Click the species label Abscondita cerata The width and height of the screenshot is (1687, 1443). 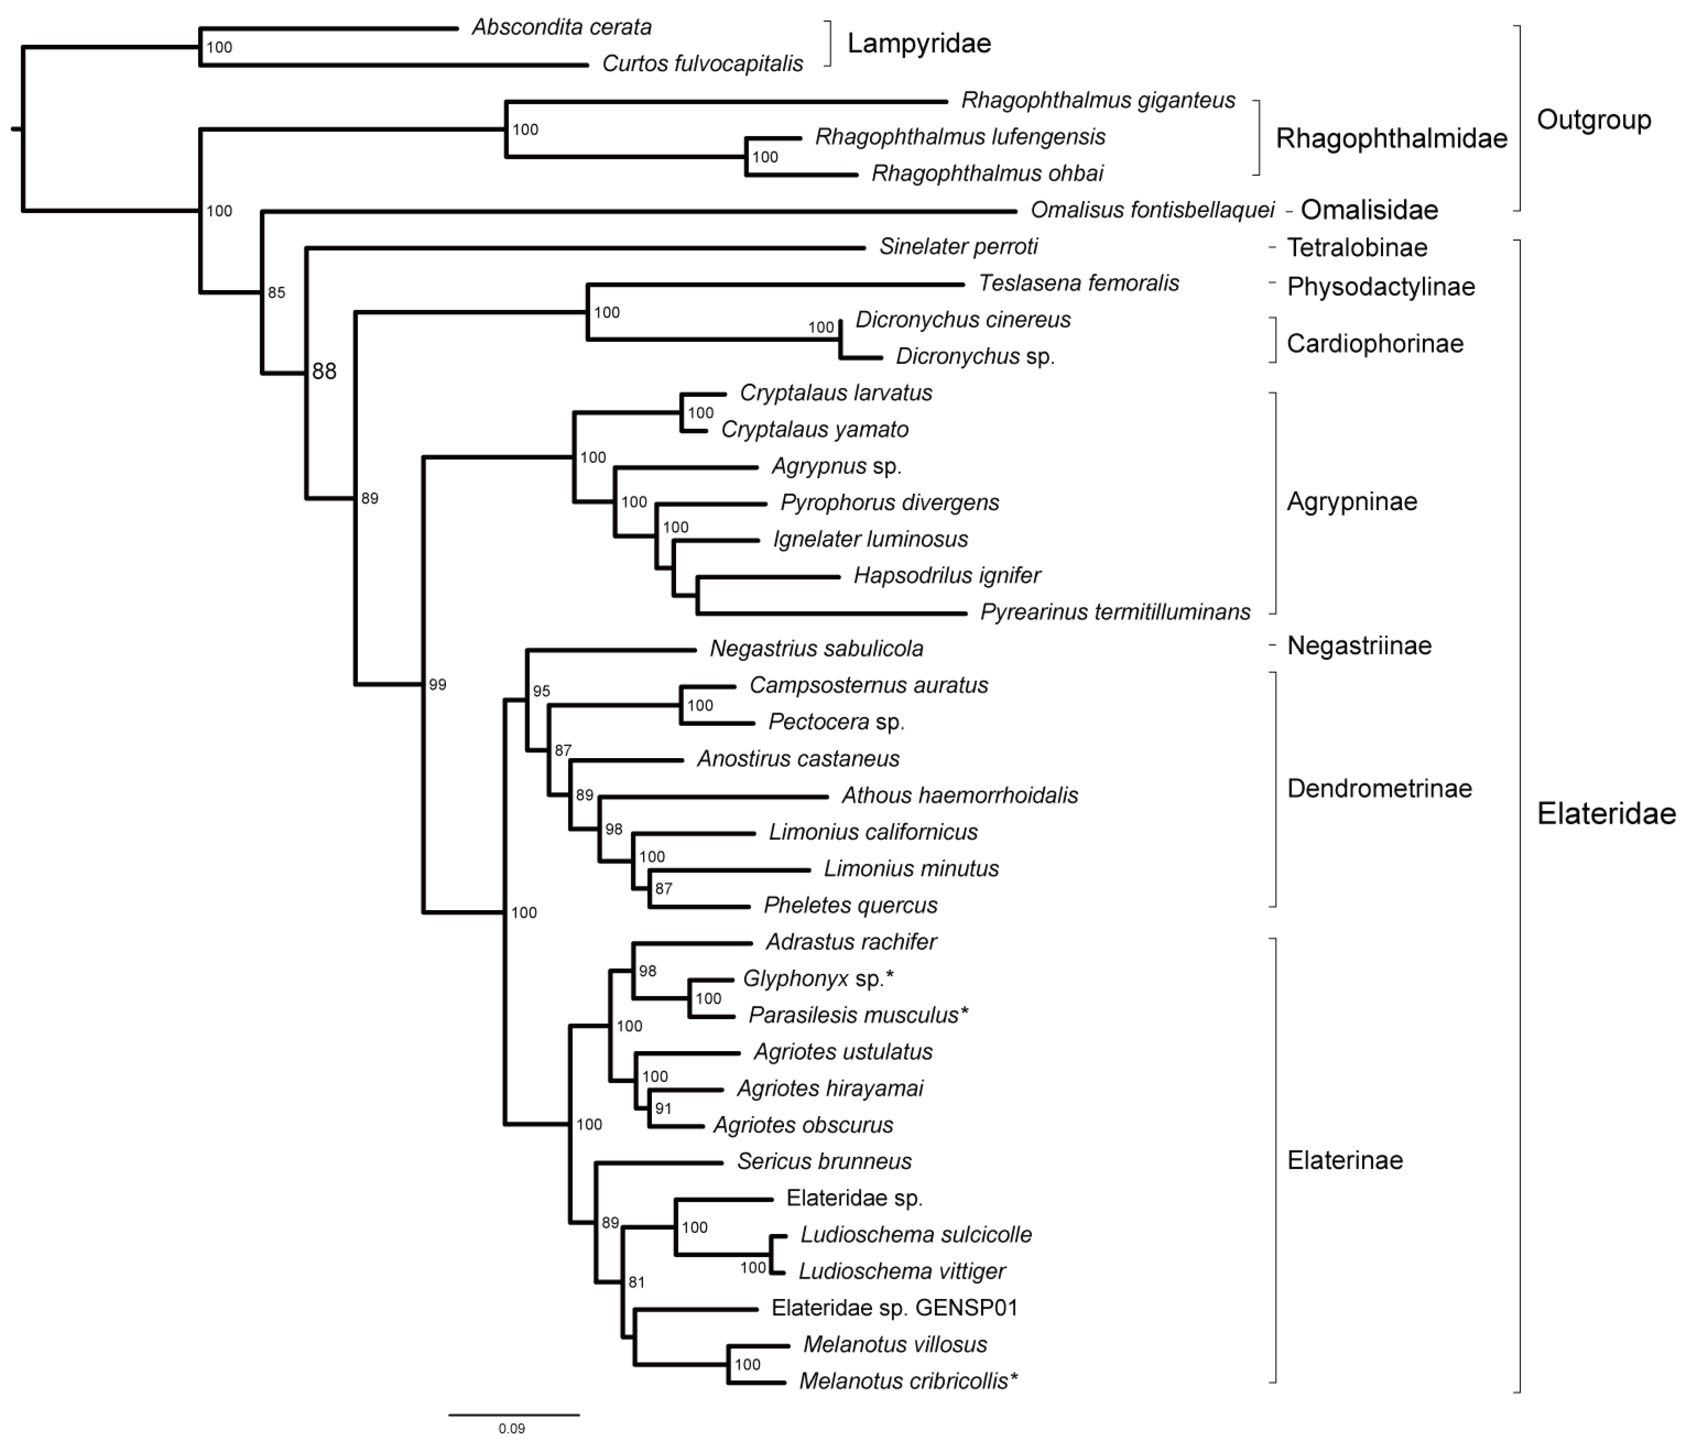point(562,28)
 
